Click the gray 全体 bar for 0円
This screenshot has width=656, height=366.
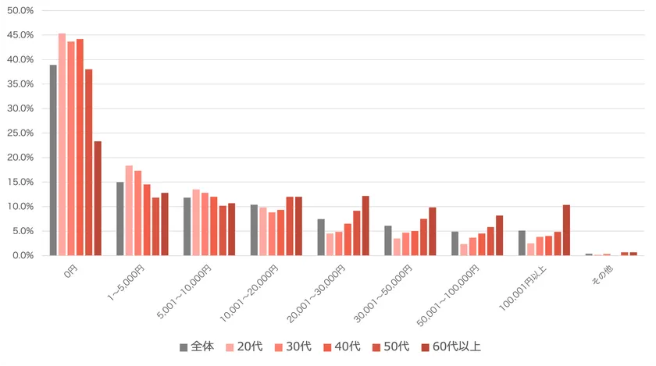click(53, 160)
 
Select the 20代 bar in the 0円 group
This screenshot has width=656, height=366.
click(62, 144)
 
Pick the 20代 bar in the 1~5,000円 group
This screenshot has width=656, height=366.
click(129, 211)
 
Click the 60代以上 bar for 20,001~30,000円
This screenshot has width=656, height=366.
click(365, 226)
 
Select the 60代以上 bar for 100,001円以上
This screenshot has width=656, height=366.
click(566, 230)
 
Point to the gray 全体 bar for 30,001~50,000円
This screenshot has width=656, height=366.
click(388, 240)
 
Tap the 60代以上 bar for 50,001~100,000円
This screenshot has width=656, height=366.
click(500, 236)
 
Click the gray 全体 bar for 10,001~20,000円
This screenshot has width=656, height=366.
click(255, 230)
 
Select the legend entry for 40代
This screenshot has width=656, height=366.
click(343, 346)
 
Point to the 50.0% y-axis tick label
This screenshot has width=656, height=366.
click(20, 11)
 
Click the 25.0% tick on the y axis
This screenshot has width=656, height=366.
click(20, 133)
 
